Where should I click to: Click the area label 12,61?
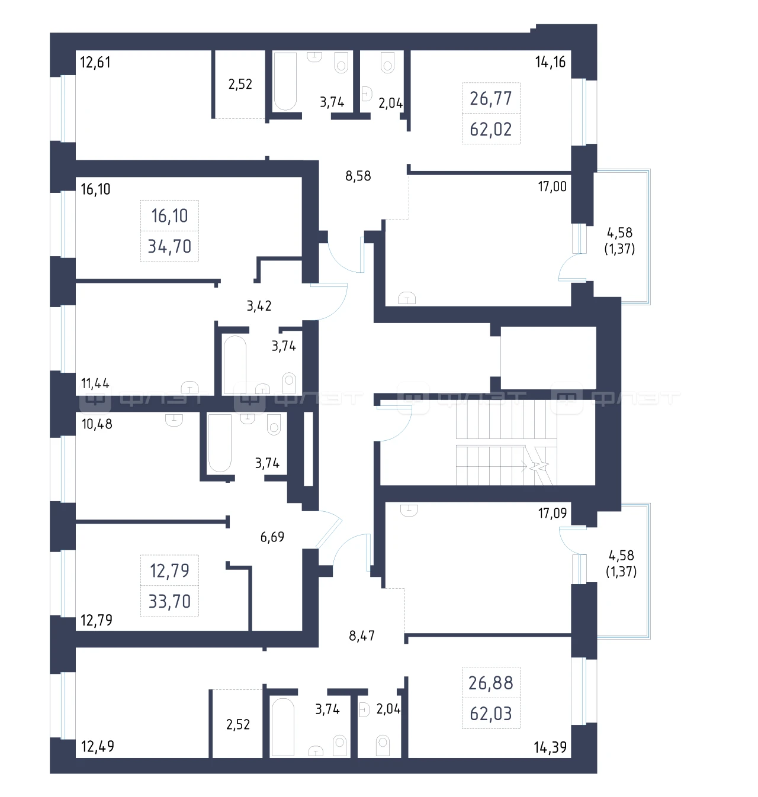95,63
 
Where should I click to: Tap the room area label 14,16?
550,62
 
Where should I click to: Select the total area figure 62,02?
490,130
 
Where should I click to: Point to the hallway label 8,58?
358,176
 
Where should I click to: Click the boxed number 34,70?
169,247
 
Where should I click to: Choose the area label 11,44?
95,383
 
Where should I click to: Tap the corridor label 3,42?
259,306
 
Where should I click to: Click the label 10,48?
97,424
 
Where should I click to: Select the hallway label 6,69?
272,537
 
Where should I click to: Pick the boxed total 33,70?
169,602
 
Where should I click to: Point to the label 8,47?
362,635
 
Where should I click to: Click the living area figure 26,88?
490,683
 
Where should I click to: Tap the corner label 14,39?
550,747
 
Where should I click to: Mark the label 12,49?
97,746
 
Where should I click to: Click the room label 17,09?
553,514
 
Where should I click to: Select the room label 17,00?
553,186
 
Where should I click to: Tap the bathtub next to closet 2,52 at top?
285,81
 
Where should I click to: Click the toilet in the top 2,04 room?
387,62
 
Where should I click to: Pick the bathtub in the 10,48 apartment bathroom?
220,443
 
